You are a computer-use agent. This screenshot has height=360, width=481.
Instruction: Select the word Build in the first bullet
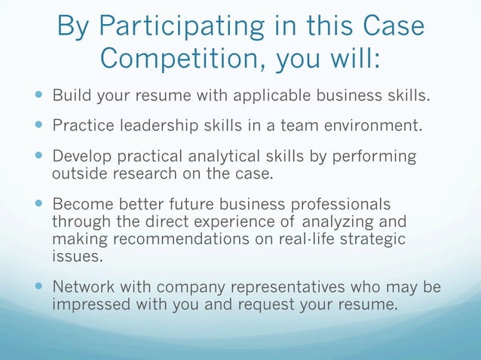tap(71, 96)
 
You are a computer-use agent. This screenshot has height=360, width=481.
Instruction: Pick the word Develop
tap(81, 156)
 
